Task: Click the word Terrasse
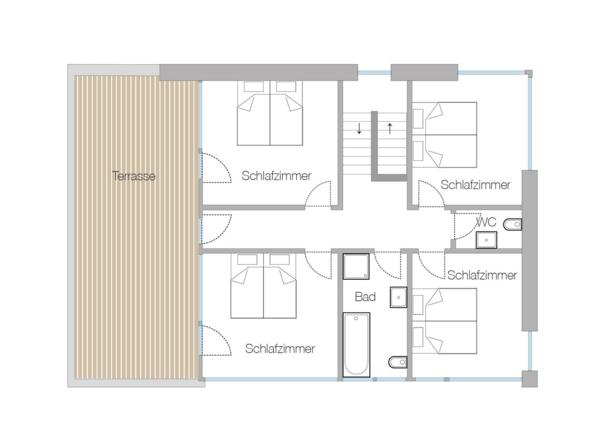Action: point(133,176)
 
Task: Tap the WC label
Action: point(488,222)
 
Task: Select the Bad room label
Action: point(364,297)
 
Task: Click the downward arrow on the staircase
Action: point(358,129)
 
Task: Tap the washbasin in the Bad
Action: point(397,296)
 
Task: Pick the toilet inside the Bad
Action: point(395,360)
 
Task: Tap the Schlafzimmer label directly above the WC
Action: point(475,185)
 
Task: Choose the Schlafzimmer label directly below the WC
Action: point(481,275)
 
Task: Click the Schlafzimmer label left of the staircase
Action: point(276,176)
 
